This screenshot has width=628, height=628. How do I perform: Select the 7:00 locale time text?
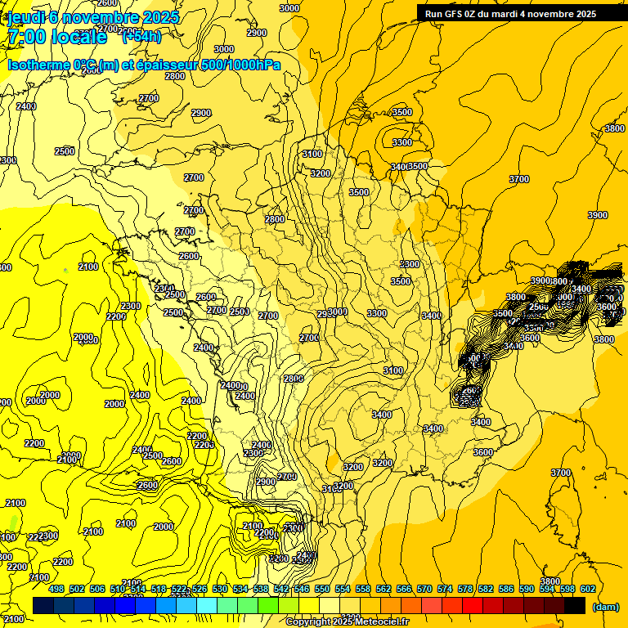57,37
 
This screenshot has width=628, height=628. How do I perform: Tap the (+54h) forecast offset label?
141,36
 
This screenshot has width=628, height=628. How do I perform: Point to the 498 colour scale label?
56,589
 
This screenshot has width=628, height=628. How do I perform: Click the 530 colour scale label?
220,589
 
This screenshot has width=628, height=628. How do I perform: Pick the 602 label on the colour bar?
587,589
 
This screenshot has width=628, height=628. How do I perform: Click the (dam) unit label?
605,606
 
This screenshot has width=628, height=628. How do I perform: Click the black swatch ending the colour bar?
575,605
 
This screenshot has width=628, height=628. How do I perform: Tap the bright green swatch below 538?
267,605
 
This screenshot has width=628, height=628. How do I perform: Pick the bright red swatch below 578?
472,605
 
